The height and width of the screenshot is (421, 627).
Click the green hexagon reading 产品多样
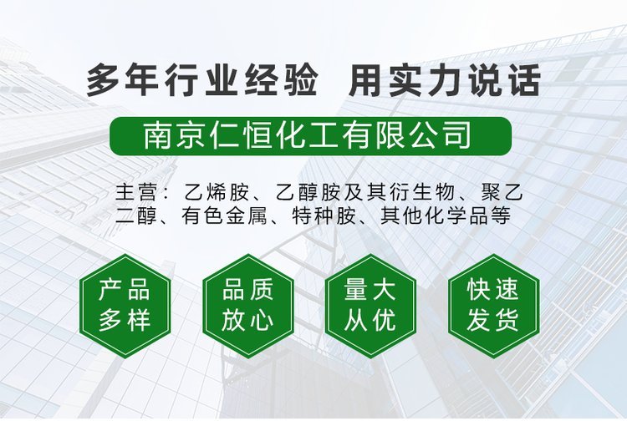click(x=125, y=306)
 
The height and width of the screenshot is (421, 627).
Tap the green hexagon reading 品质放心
click(x=248, y=306)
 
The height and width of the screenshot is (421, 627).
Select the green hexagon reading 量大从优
click(x=370, y=306)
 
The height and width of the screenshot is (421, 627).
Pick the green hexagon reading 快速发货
click(x=493, y=306)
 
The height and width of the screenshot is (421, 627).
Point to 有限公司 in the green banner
click(x=405, y=136)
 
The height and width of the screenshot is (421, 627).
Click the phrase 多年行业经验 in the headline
click(x=202, y=81)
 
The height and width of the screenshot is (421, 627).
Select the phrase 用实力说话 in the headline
click(x=445, y=81)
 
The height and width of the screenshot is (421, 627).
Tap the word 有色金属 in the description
click(x=224, y=216)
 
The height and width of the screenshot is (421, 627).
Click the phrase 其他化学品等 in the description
click(x=446, y=216)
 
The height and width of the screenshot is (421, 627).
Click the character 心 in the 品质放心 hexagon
click(x=263, y=320)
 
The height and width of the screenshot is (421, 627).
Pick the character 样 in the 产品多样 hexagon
click(x=139, y=320)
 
